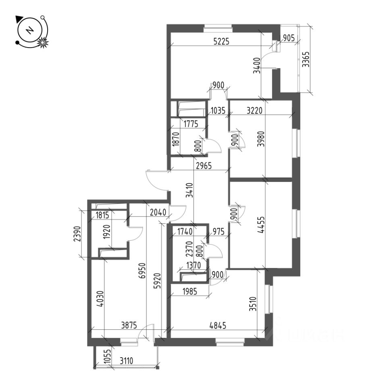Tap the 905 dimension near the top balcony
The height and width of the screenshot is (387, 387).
click(289, 39)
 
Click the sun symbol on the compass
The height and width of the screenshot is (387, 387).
click(42, 42)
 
